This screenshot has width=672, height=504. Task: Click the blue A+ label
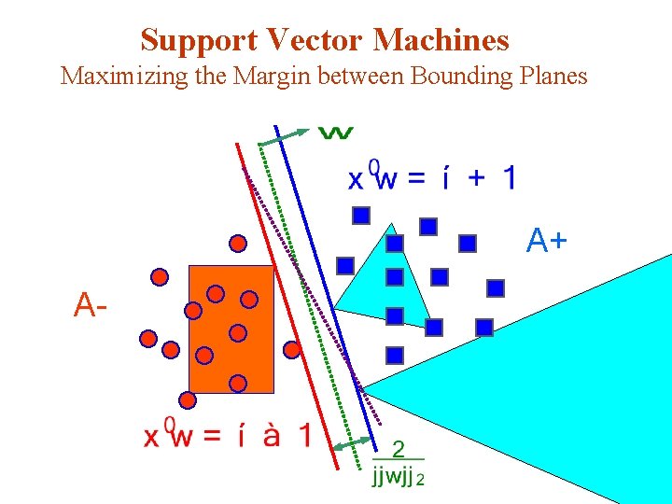[x=546, y=241]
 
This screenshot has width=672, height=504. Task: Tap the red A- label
[x=91, y=304]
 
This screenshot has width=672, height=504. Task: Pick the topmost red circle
[x=238, y=244]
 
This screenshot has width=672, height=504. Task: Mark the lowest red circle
[x=188, y=400]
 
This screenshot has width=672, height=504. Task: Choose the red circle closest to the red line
[x=292, y=350]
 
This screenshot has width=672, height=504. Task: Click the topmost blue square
[x=361, y=216]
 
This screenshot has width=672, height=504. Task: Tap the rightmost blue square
[x=496, y=287]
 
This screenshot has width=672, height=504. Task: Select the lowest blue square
[x=395, y=355]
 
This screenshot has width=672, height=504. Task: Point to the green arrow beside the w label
[x=285, y=134]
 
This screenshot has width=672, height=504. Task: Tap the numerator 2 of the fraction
[x=399, y=449]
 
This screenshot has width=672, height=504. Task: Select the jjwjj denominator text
[x=392, y=478]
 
